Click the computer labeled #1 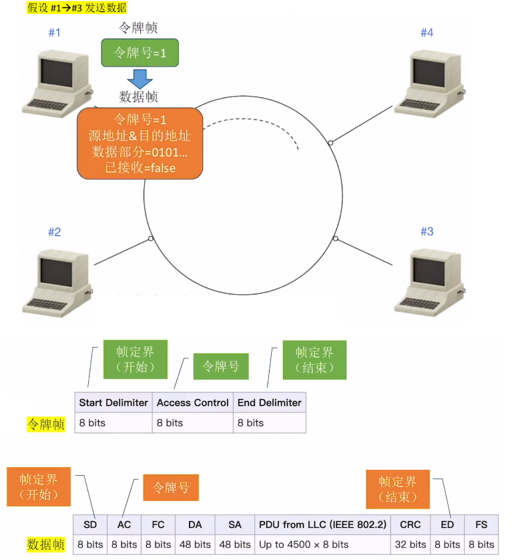pyautogui.click(x=56, y=83)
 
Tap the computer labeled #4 pyautogui.click(x=429, y=83)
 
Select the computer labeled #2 pyautogui.click(x=56, y=280)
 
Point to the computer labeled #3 pyautogui.click(x=429, y=280)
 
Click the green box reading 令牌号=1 pyautogui.click(x=140, y=53)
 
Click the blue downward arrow pyautogui.click(x=140, y=78)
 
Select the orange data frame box pyautogui.click(x=140, y=144)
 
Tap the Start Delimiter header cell pyautogui.click(x=113, y=402)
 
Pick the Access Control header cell pyautogui.click(x=192, y=402)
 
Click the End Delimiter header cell pyautogui.click(x=269, y=402)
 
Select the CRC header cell pyautogui.click(x=410, y=525)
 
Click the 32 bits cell pyautogui.click(x=410, y=544)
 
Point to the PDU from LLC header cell pyautogui.click(x=322, y=525)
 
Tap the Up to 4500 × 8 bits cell pyautogui.click(x=322, y=544)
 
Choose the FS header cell pyautogui.click(x=481, y=525)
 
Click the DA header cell pyautogui.click(x=195, y=525)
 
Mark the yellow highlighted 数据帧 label pyautogui.click(x=46, y=545)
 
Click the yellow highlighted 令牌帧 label pyautogui.click(x=46, y=423)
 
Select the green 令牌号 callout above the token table pyautogui.click(x=221, y=366)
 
